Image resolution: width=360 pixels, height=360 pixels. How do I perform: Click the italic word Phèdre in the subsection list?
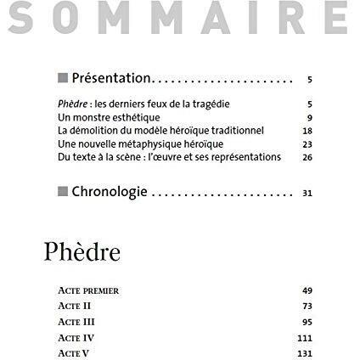pos(70,103)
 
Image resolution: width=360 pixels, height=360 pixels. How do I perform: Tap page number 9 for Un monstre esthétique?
pos(311,116)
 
